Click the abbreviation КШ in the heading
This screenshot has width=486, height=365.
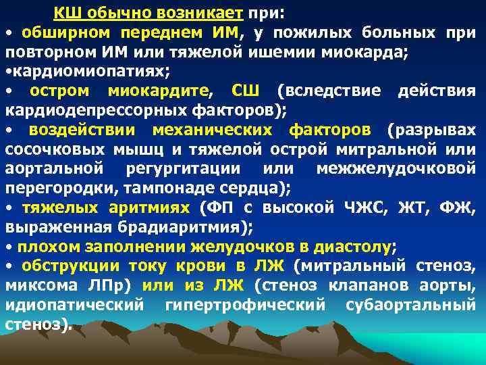[x=65, y=13]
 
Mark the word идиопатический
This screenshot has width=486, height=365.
[x=74, y=304]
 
